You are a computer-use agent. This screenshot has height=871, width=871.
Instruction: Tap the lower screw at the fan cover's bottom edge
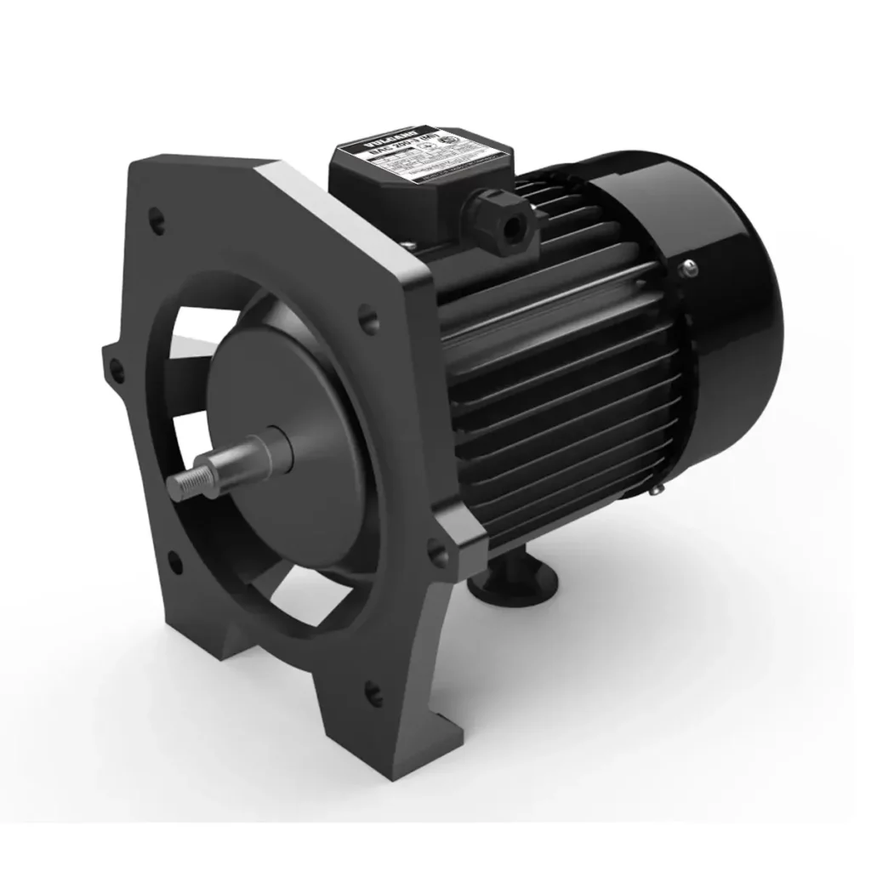click(657, 489)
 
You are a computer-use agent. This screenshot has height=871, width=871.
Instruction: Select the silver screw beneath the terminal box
click(410, 247)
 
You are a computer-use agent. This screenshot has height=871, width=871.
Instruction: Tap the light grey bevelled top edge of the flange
click(340, 213)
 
